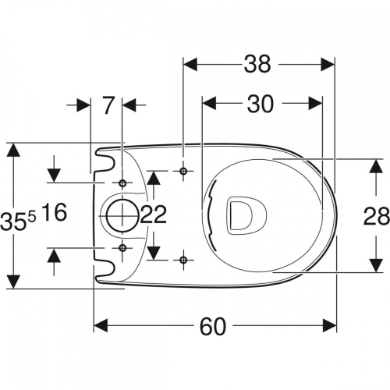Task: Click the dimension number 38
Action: point(257,64)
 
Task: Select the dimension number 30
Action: point(261,104)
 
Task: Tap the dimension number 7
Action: point(109,105)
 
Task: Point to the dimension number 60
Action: point(213,326)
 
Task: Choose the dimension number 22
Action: point(154,214)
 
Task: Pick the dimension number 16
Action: point(54,212)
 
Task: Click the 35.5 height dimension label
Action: point(18,221)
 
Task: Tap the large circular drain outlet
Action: point(122,216)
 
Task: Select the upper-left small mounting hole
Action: point(122,183)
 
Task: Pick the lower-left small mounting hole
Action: point(122,248)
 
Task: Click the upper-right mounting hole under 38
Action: point(183,171)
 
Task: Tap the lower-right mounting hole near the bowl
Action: point(183,260)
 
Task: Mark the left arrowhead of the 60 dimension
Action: point(101,326)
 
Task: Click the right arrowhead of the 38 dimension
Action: point(328,64)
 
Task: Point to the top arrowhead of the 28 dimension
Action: point(376,166)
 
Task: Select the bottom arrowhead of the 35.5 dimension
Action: point(13,282)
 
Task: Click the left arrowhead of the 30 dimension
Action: point(210,103)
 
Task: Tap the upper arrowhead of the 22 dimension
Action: point(154,179)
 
